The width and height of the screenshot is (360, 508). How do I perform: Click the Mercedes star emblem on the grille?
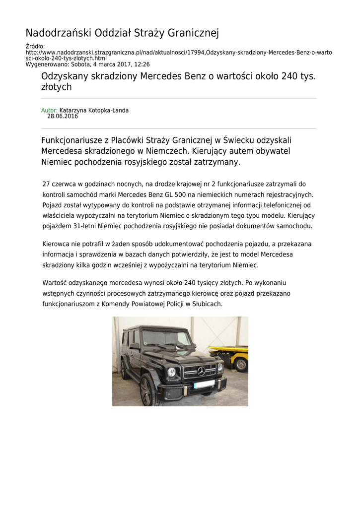pyautogui.click(x=202, y=371)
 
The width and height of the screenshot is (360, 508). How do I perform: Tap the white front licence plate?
pyautogui.click(x=204, y=384)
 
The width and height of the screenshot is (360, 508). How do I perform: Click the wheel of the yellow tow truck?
pyautogui.click(x=240, y=364)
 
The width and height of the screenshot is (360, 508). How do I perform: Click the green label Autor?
pyautogui.click(x=49, y=110)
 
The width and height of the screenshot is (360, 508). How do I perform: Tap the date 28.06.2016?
pyautogui.click(x=63, y=116)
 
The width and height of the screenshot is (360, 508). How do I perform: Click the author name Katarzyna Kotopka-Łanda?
pyautogui.click(x=94, y=110)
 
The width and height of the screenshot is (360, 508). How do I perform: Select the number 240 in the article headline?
pyautogui.click(x=290, y=76)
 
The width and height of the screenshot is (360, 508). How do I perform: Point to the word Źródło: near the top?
pyautogui.click(x=35, y=47)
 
